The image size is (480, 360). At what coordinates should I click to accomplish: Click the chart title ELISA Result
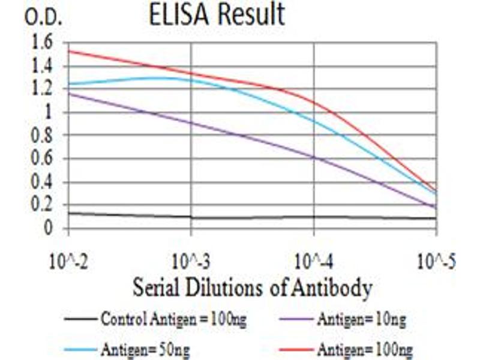pos(217,14)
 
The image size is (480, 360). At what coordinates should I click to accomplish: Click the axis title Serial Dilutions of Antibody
pos(252,289)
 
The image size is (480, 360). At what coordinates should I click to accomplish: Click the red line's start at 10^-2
pos(69,50)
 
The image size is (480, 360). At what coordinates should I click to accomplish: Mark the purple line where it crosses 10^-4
pos(314,157)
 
